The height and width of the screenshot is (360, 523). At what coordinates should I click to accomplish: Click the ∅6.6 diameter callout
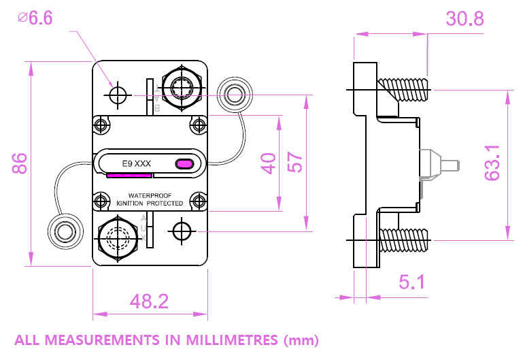[35, 18]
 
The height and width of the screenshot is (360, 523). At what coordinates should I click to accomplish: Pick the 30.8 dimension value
[465, 18]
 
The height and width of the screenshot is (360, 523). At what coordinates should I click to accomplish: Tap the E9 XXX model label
[136, 163]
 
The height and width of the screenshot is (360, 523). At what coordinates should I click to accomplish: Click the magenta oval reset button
[184, 163]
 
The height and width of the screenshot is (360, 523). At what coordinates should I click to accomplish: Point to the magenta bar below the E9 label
[129, 175]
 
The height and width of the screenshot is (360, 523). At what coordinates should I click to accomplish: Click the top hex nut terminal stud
[182, 88]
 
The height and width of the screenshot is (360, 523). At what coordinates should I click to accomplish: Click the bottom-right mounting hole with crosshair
[182, 231]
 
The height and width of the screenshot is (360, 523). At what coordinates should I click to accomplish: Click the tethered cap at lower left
[65, 231]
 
